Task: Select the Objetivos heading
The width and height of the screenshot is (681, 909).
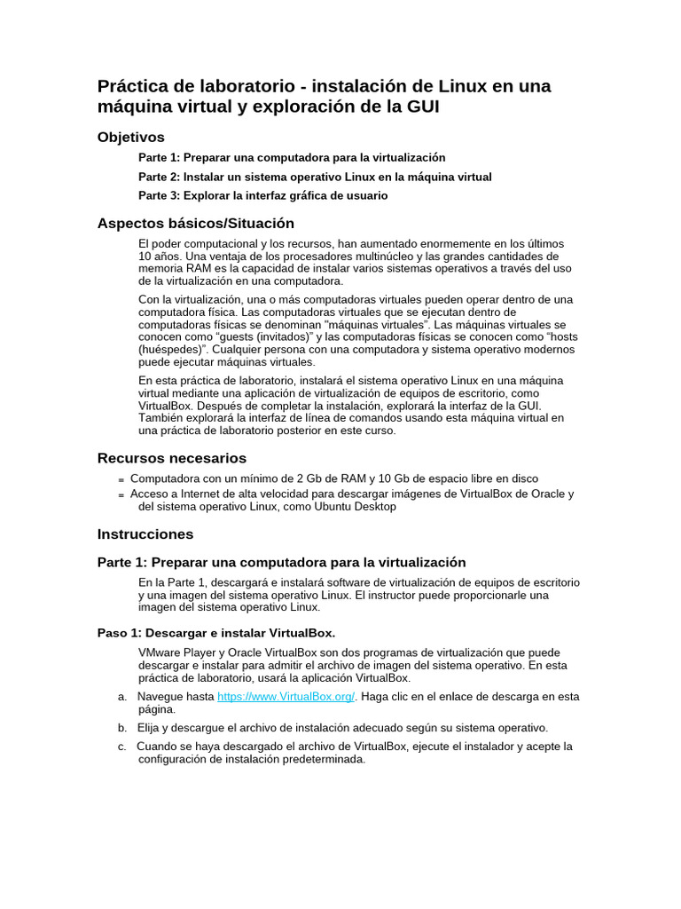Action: (x=131, y=138)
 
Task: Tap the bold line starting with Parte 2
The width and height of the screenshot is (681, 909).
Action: (x=315, y=177)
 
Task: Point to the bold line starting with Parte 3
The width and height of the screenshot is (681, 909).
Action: (x=262, y=195)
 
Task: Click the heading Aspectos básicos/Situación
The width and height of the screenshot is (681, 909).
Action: (x=195, y=224)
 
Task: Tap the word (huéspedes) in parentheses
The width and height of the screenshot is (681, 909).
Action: (x=172, y=350)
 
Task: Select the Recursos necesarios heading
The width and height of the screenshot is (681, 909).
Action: (x=171, y=458)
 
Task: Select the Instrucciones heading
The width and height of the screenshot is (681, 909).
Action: (x=145, y=534)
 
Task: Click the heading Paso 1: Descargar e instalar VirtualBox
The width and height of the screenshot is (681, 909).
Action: (x=215, y=633)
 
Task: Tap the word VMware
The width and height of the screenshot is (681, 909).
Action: (x=160, y=652)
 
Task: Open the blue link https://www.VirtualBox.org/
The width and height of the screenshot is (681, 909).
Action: (x=286, y=697)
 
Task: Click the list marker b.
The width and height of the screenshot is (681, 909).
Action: (x=121, y=727)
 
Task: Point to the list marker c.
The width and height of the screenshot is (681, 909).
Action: (x=121, y=747)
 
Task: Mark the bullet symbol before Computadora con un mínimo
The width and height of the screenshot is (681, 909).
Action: (x=121, y=480)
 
